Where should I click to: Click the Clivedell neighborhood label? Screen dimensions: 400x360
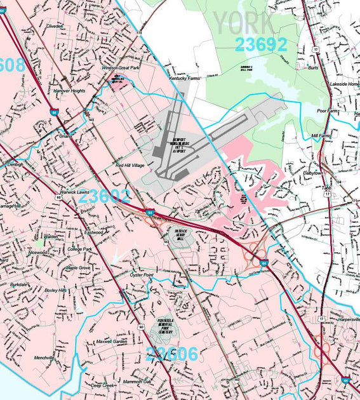click(x=55, y=27)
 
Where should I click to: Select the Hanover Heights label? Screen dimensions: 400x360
click(x=69, y=91)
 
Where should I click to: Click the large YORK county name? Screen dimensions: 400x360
click(x=244, y=22)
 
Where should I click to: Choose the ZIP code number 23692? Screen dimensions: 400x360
click(x=260, y=44)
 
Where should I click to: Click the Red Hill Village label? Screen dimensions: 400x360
click(x=130, y=165)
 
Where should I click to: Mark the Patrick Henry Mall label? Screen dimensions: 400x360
click(x=180, y=234)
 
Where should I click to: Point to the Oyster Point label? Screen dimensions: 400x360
click(x=142, y=275)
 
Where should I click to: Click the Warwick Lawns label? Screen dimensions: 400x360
click(x=74, y=192)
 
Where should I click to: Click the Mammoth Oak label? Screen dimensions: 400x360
click(x=137, y=382)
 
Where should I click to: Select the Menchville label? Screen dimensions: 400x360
click(x=44, y=357)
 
